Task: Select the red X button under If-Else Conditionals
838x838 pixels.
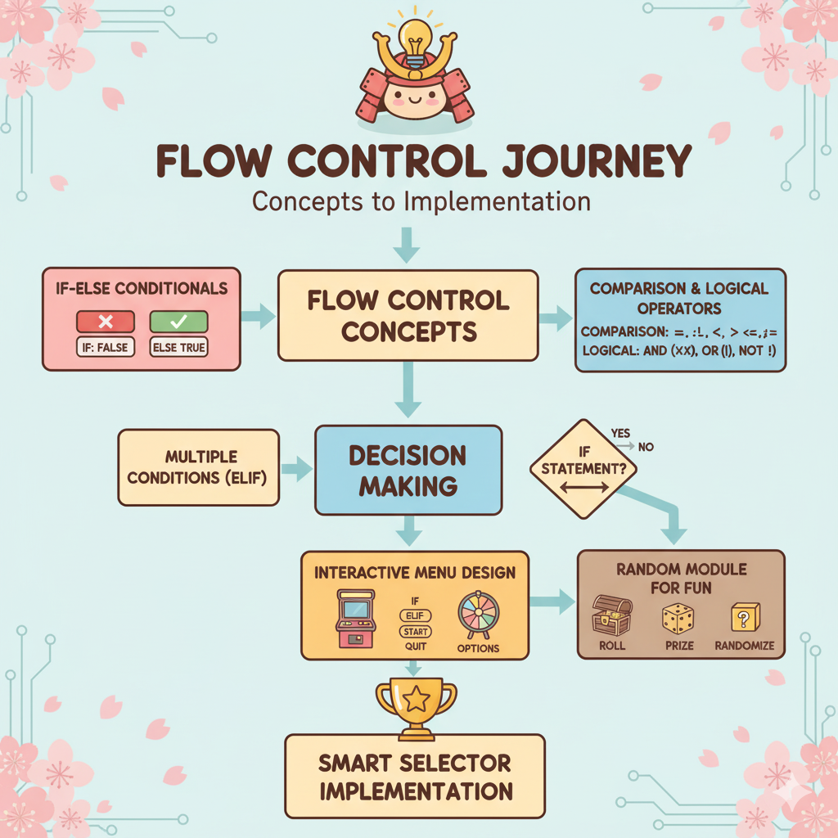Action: coord(105,321)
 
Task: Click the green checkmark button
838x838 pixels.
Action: coord(179,321)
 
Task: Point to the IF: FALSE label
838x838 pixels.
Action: coord(105,347)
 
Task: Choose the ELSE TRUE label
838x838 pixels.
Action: coord(179,347)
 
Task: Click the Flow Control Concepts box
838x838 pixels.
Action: coord(408,315)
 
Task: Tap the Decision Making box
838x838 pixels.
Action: coord(408,470)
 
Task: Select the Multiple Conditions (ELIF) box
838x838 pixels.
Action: coord(199,466)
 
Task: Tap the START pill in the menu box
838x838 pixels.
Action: coord(415,632)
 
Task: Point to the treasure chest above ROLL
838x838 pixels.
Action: coord(611,616)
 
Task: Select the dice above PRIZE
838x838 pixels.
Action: coord(679,619)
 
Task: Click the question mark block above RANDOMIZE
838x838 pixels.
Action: coord(744,617)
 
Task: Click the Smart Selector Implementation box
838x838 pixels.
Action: coord(415,776)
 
